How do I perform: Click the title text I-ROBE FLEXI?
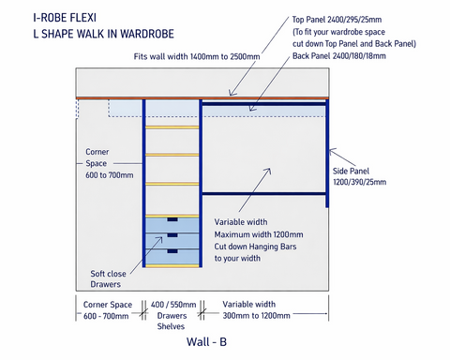[x=65, y=16]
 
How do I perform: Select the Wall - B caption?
[x=192, y=342]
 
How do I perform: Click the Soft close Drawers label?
[x=112, y=278]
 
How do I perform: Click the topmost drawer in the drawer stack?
[x=172, y=223]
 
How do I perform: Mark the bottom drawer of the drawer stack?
[x=172, y=254]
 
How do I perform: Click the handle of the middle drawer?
[x=172, y=234]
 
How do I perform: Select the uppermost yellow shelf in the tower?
[x=172, y=127]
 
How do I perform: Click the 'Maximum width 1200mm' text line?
[x=259, y=233]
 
